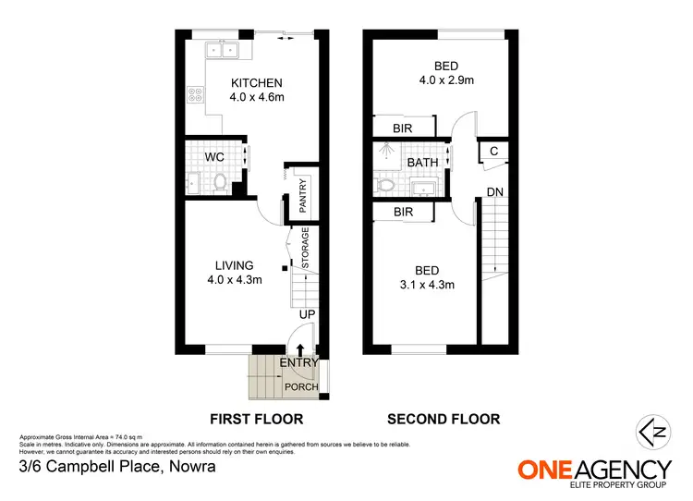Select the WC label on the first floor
[213, 156]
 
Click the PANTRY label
[302, 195]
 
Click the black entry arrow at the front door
[299, 350]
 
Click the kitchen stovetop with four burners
[195, 94]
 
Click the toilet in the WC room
[218, 183]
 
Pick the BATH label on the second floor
[422, 163]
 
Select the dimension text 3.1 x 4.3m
[427, 286]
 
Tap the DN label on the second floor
[494, 191]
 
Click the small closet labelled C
[493, 152]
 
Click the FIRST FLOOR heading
[255, 419]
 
